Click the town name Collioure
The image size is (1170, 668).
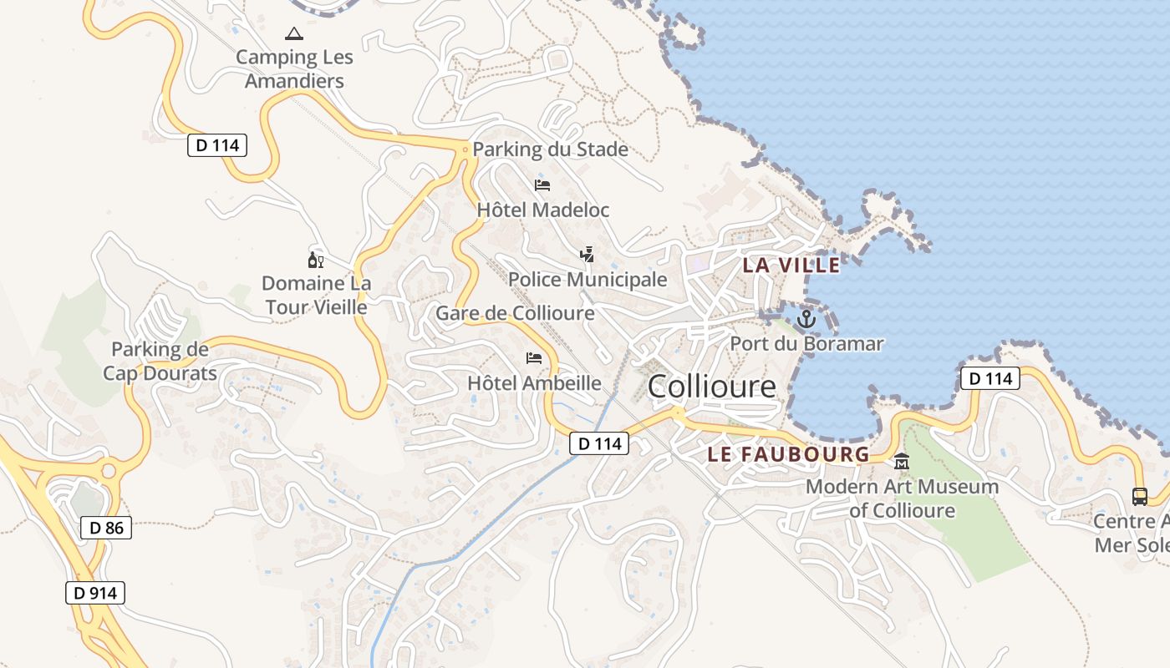pyautogui.click(x=711, y=386)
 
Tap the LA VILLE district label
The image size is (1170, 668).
pyautogui.click(x=791, y=266)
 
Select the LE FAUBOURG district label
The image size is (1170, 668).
pyautogui.click(x=788, y=454)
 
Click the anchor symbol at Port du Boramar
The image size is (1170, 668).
pyautogui.click(x=806, y=318)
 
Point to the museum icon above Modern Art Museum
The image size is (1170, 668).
pyautogui.click(x=902, y=461)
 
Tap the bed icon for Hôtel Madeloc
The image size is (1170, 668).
pyautogui.click(x=542, y=185)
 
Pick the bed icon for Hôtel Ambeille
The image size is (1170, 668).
pyautogui.click(x=534, y=358)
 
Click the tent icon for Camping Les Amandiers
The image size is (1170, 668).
pyautogui.click(x=293, y=34)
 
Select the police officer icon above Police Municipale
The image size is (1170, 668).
pyautogui.click(x=588, y=254)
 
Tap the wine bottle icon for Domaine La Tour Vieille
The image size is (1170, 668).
pyautogui.click(x=316, y=260)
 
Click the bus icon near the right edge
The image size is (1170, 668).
pyautogui.click(x=1139, y=496)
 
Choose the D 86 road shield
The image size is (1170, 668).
pyautogui.click(x=106, y=528)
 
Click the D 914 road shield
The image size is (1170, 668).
pyautogui.click(x=95, y=593)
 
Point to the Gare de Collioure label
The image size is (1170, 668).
pyautogui.click(x=515, y=313)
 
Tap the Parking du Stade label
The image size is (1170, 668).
pyautogui.click(x=550, y=149)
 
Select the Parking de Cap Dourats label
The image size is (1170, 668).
pyautogui.click(x=160, y=361)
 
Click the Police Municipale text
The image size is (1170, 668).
pyautogui.click(x=588, y=279)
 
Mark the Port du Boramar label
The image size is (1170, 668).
pyautogui.click(x=806, y=343)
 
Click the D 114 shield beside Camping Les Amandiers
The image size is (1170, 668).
pyautogui.click(x=216, y=145)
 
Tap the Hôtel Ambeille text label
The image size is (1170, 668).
pyautogui.click(x=534, y=383)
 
